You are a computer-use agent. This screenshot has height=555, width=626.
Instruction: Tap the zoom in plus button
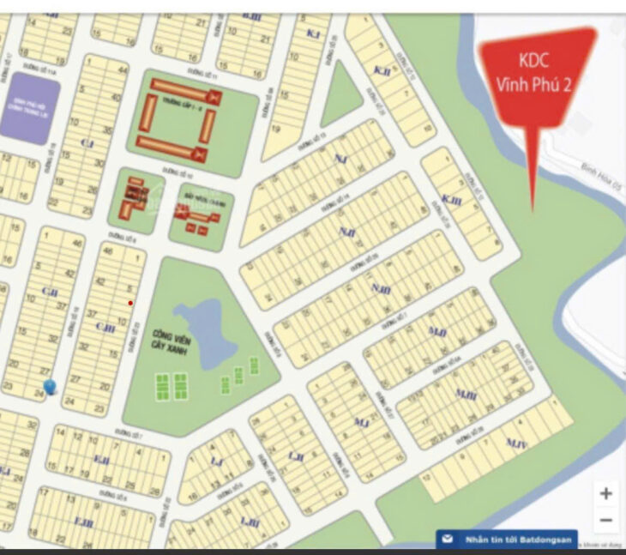click(x=605, y=493)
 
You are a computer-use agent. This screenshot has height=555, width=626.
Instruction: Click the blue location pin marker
click(x=50, y=386)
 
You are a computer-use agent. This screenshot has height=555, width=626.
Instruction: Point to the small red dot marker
click(x=130, y=303)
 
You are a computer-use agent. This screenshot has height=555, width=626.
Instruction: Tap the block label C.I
click(x=84, y=142)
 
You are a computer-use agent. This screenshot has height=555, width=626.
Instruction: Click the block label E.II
click(x=100, y=460)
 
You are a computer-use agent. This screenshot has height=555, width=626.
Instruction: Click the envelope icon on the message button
click(x=448, y=540)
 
